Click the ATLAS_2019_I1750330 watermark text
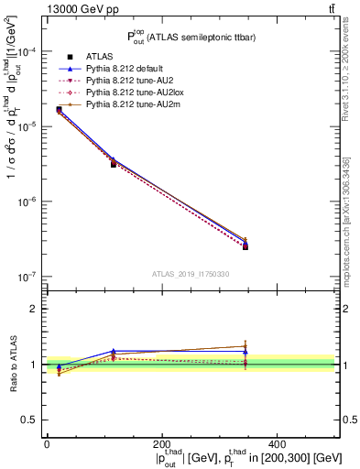[190, 274]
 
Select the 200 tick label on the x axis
[162, 443]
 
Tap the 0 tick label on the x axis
[47, 443]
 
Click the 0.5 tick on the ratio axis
[30, 420]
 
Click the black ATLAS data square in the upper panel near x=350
[245, 246]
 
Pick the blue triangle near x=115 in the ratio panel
[113, 351]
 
